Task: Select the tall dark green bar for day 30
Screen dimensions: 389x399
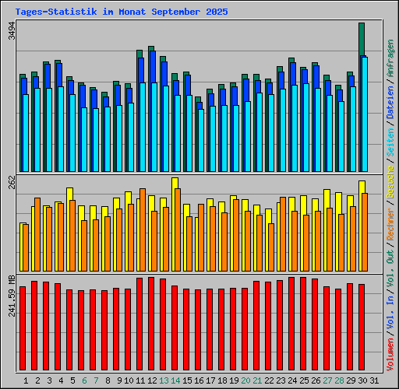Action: (x=362, y=39)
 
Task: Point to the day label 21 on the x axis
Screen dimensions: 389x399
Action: (x=256, y=380)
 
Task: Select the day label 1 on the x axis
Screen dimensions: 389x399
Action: (x=26, y=380)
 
